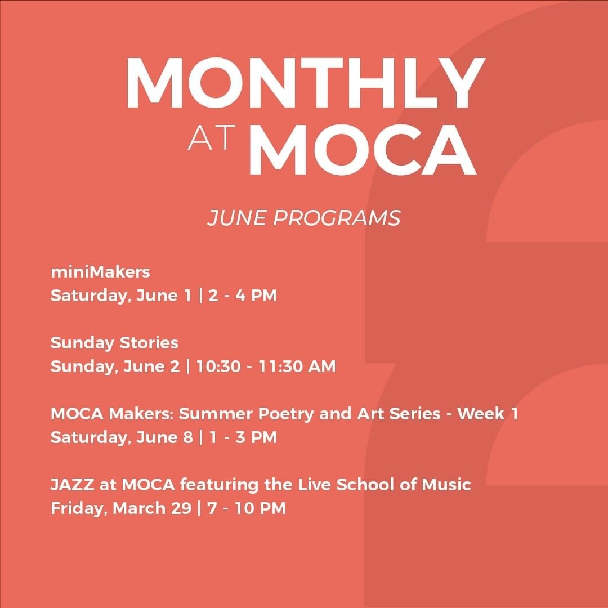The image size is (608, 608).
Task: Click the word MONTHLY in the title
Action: click(305, 83)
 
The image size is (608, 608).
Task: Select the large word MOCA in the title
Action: click(363, 149)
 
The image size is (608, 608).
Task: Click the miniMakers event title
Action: click(100, 272)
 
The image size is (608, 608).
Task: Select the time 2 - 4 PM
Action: click(242, 296)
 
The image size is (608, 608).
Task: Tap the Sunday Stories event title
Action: click(114, 343)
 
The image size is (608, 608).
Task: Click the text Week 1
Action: click(488, 414)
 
